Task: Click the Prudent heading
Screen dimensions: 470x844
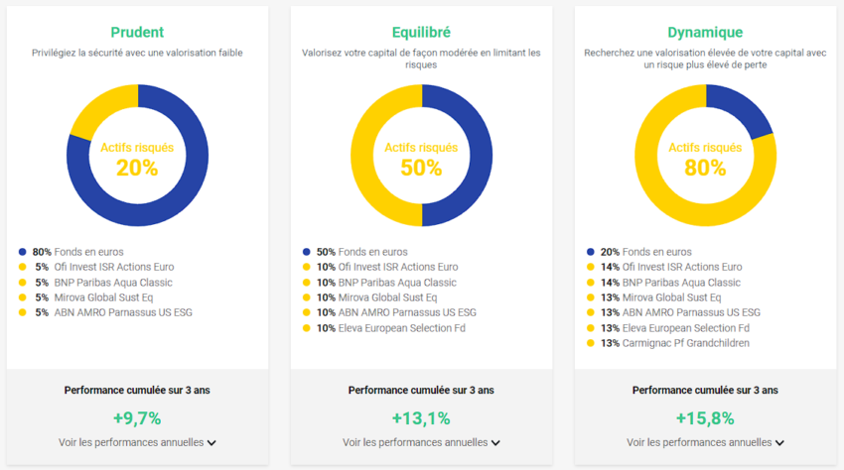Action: tap(137, 32)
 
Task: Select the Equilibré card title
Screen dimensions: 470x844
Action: tap(421, 32)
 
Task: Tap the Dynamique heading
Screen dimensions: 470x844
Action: tap(705, 32)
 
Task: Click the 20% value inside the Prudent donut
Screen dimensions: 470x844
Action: tap(137, 168)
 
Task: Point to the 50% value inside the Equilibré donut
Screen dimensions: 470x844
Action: tap(421, 168)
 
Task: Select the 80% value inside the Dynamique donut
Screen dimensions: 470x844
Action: tap(705, 168)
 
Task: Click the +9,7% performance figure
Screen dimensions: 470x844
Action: tap(137, 418)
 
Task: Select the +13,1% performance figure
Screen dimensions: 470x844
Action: tap(421, 418)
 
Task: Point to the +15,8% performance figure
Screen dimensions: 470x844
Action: tap(705, 418)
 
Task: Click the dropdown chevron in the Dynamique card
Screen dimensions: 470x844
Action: tap(779, 443)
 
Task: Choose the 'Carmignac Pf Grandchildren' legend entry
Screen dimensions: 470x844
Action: tap(686, 343)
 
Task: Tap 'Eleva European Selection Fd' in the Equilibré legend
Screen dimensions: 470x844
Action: tap(402, 328)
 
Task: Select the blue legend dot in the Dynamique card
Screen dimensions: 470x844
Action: tap(591, 252)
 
